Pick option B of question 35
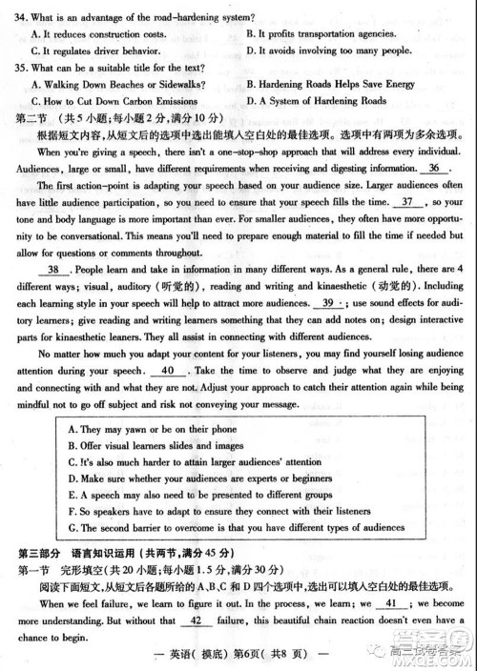(330, 85)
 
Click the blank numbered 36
(434, 168)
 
